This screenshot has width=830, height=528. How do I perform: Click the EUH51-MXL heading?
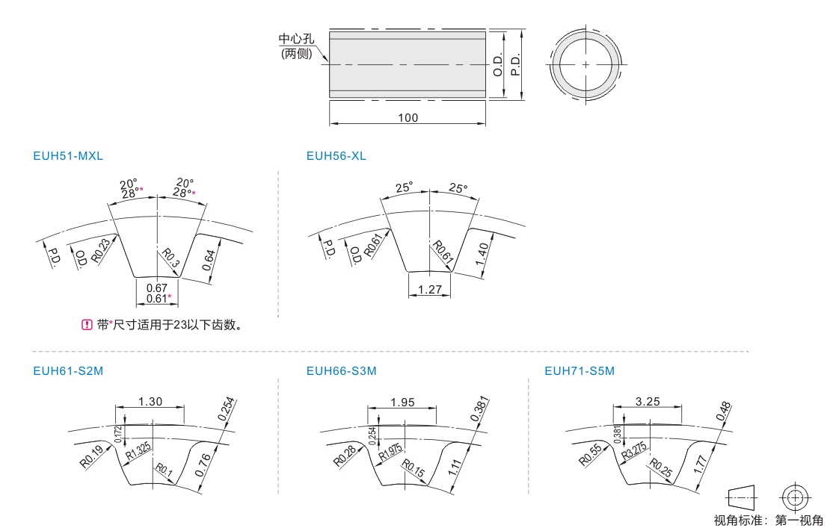[68, 156]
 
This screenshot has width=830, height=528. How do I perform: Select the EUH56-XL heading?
[336, 156]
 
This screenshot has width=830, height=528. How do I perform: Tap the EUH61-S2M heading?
[68, 371]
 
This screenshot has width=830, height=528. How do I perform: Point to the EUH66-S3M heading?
[342, 371]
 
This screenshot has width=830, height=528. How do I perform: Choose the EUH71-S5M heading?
[580, 371]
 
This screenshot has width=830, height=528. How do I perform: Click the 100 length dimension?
[408, 117]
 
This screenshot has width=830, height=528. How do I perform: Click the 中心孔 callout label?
[296, 39]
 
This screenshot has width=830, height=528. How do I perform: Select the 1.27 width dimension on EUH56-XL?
[429, 289]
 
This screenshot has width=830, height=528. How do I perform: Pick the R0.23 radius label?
[101, 251]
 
